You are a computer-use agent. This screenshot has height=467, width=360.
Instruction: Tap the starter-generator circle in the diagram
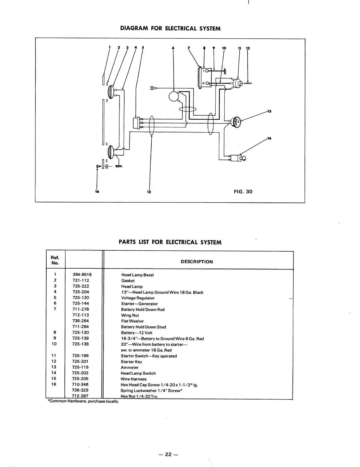174,96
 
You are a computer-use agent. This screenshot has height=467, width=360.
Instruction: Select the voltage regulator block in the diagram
136,123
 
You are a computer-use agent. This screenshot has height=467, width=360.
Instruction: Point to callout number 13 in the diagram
269,111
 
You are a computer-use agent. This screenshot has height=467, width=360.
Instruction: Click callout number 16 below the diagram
97,192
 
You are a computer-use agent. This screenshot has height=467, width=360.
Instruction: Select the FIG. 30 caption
243,192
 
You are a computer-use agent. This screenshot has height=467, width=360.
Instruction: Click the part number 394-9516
82,274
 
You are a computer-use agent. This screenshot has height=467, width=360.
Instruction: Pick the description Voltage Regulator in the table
138,298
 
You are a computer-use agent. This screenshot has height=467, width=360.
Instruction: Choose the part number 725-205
80,379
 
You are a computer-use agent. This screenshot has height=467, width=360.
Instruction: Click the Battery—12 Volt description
137,333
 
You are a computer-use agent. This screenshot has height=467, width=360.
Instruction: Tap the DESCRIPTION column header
197,262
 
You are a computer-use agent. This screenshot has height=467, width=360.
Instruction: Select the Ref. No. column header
55,260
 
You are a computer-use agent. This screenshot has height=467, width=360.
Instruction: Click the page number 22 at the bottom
168,454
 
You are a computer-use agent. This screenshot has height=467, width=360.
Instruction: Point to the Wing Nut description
130,315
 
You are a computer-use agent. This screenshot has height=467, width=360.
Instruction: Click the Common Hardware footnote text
84,402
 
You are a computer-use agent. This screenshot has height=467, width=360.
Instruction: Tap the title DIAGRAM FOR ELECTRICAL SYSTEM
171,29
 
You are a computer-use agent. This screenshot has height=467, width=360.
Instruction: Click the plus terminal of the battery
204,83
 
